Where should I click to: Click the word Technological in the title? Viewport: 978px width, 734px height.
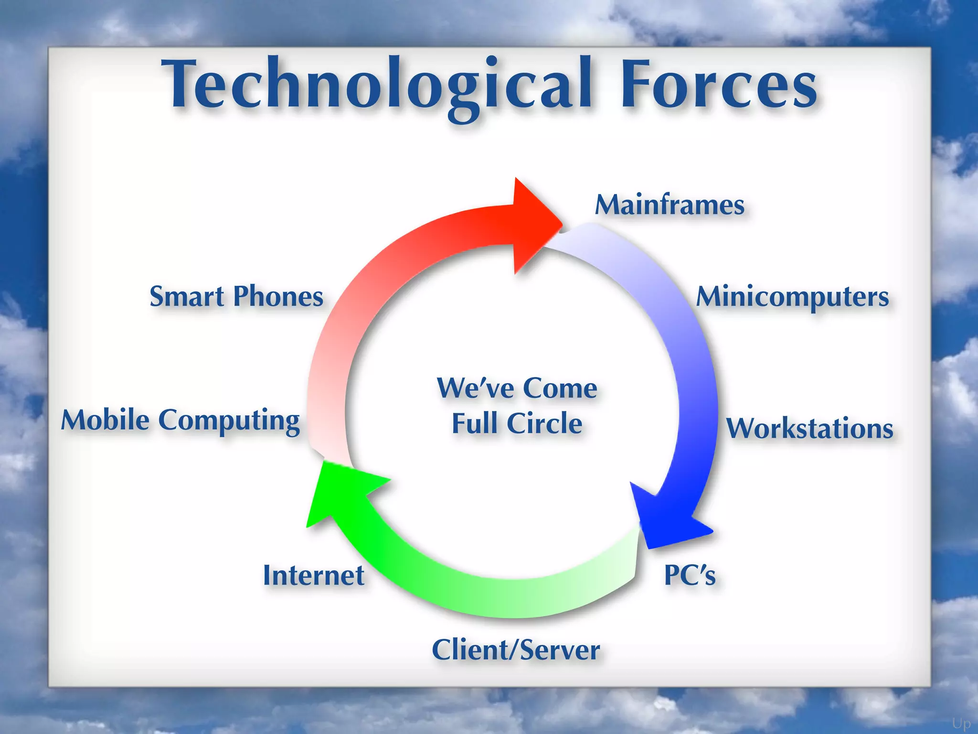[x=377, y=86]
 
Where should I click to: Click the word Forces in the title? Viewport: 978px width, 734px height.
[x=719, y=86]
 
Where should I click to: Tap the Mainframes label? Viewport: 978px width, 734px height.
[x=670, y=205]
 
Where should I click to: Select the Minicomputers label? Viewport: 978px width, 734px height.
[x=793, y=297]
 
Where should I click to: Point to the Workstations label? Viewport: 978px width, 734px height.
[x=809, y=428]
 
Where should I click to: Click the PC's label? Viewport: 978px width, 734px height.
[x=690, y=575]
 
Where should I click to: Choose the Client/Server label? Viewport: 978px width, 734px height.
[x=516, y=650]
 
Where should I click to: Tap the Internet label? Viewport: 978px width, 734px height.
[x=314, y=575]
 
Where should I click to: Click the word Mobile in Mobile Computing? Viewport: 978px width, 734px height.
[x=106, y=421]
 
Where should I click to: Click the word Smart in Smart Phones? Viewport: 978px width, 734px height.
[x=187, y=297]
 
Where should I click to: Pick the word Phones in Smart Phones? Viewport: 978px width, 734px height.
[x=278, y=297]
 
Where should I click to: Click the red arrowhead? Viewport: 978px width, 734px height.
[x=535, y=225]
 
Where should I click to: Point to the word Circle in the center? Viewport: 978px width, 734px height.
[x=544, y=423]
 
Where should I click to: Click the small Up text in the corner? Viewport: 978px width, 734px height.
[x=961, y=723]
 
